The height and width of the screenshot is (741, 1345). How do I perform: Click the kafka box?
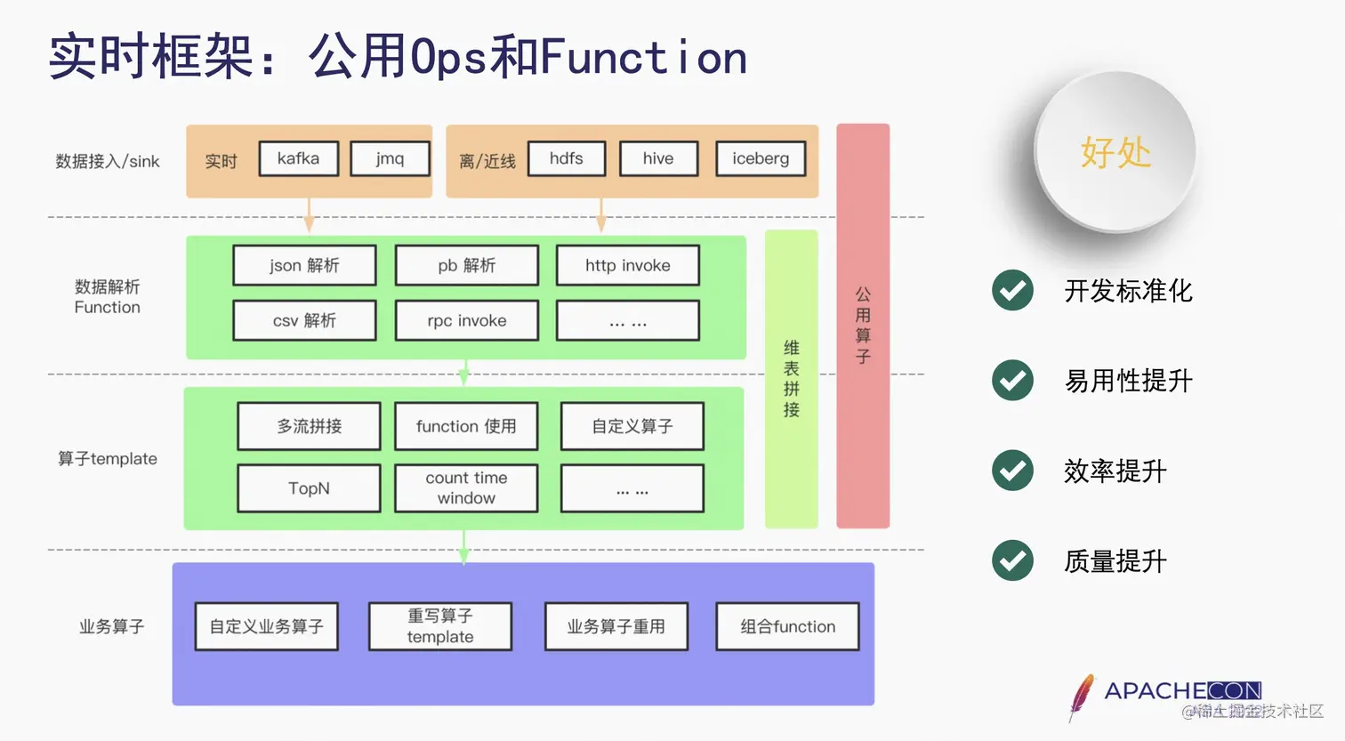click(x=299, y=159)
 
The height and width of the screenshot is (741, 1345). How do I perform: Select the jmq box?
click(x=390, y=159)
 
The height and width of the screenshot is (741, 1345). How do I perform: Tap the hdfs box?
click(x=567, y=159)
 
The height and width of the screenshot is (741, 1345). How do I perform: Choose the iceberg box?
click(x=761, y=159)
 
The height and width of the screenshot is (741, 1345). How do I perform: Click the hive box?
click(x=658, y=159)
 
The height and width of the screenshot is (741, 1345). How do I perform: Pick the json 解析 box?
click(x=304, y=265)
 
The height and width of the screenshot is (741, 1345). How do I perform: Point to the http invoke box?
click(x=628, y=265)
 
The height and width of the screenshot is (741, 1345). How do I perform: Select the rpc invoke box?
click(x=467, y=320)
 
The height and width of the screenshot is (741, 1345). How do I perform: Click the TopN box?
click(x=309, y=488)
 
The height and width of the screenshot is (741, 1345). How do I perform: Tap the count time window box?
click(x=466, y=488)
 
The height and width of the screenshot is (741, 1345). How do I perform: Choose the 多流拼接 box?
click(x=309, y=426)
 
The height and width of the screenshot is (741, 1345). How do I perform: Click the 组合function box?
click(x=788, y=626)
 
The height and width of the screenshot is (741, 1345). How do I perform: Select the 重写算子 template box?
click(x=440, y=626)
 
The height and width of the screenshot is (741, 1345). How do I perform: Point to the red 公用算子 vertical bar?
click(x=863, y=326)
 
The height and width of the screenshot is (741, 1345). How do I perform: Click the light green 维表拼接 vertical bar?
click(x=791, y=379)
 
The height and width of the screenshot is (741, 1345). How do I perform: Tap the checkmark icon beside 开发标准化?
click(x=1012, y=290)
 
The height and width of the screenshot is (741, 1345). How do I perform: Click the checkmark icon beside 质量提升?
click(x=1012, y=560)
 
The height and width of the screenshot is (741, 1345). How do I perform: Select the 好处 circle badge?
click(x=1115, y=152)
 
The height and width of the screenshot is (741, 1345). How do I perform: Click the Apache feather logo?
click(x=1082, y=697)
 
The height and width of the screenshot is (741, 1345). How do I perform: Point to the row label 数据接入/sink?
click(x=108, y=161)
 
